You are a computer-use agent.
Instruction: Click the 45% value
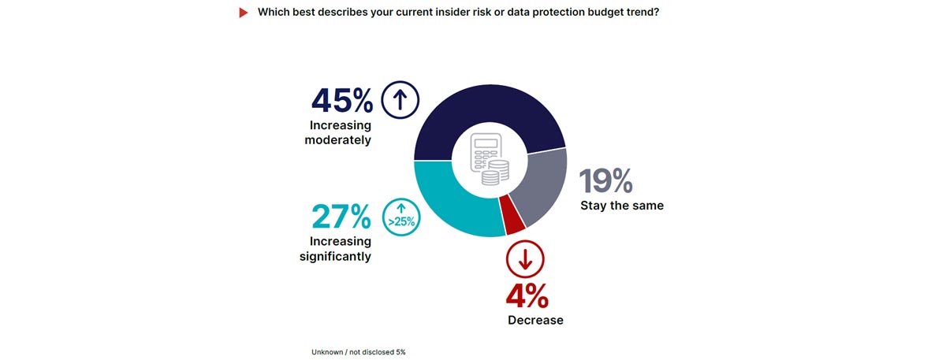tap(341, 101)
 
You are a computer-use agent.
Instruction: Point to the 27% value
tap(341, 217)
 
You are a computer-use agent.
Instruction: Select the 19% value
tap(606, 181)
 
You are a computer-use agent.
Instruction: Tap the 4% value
tap(527, 296)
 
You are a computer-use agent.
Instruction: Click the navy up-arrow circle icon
tap(400, 100)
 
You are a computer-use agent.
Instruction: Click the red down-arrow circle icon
tap(525, 259)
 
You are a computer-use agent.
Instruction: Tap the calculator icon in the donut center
tap(484, 152)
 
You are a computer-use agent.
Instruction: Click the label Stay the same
tap(622, 206)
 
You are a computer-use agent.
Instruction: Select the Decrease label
tap(536, 320)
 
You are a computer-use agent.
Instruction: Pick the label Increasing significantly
tap(335, 249)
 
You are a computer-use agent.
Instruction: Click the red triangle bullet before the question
tap(244, 13)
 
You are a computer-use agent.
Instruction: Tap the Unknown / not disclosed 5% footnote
tap(359, 352)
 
